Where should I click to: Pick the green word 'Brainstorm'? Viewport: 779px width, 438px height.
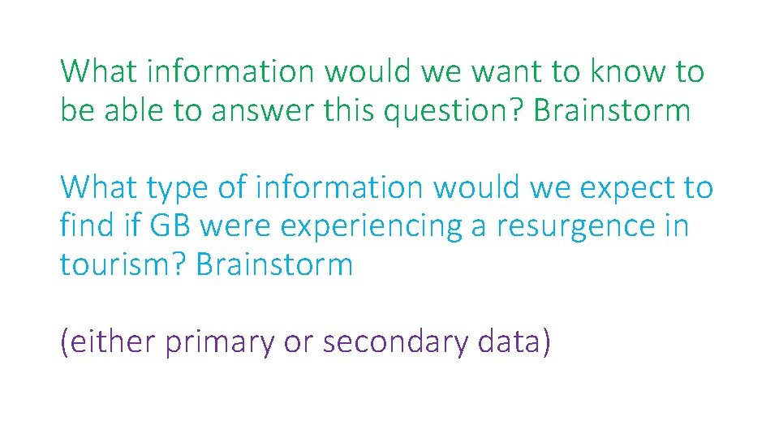(x=612, y=111)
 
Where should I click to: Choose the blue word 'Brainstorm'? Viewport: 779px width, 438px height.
(x=274, y=265)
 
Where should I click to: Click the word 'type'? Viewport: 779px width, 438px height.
(x=179, y=189)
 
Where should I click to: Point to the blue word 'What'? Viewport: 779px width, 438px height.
(x=98, y=189)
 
